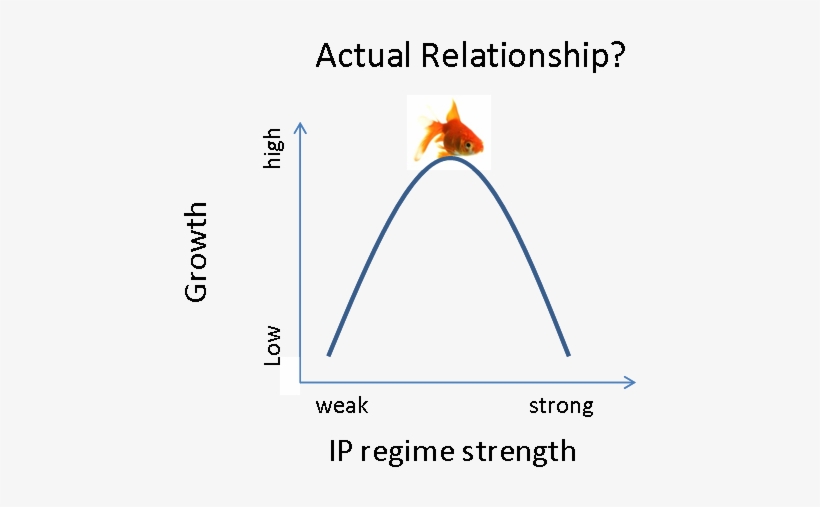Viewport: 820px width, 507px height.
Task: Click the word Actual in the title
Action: (363, 55)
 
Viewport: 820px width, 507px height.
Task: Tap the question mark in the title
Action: (617, 54)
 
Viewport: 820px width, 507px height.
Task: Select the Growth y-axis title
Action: (197, 252)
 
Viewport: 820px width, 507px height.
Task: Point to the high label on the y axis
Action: (272, 149)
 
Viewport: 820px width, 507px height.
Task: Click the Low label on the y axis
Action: (272, 345)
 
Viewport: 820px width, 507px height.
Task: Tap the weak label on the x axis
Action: (342, 405)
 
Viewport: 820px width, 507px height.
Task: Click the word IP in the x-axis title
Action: (339, 450)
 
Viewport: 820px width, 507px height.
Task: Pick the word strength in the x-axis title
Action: (519, 452)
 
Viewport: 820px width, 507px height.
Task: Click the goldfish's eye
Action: (468, 144)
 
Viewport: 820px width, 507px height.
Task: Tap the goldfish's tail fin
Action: (427, 134)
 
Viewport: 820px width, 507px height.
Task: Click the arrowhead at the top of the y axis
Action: (300, 128)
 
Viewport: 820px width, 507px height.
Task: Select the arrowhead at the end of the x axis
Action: (630, 382)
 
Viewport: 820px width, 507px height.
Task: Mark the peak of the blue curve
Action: (450, 157)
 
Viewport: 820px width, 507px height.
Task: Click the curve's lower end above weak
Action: (329, 354)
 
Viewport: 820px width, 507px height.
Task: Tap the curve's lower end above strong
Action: (568, 354)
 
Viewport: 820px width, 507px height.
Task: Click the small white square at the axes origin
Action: (290, 376)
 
